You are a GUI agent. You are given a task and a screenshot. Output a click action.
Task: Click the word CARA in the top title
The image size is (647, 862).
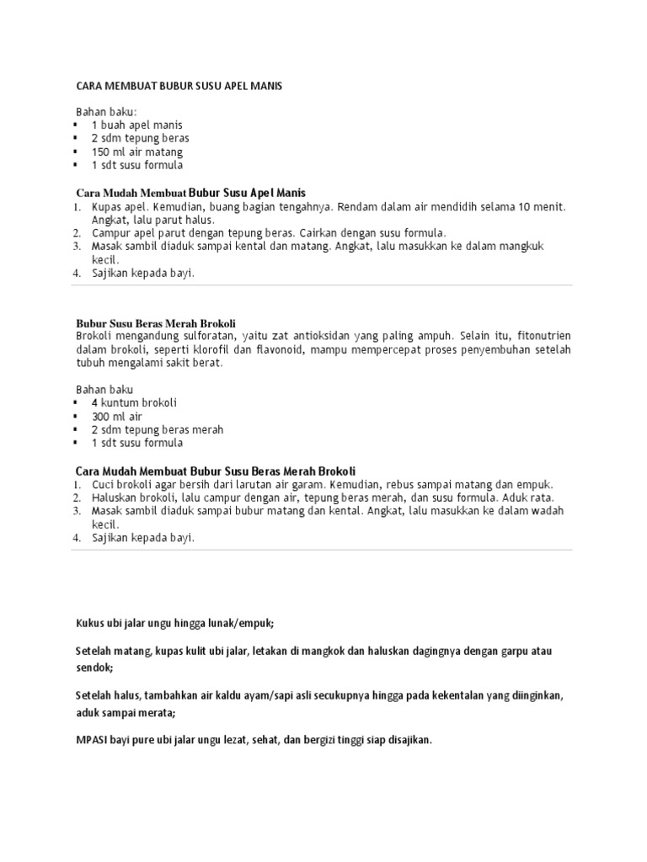89,86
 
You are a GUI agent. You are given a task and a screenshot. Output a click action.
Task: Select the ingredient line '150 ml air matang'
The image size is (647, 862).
136,152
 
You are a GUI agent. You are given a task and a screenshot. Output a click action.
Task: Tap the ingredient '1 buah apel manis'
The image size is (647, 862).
136,125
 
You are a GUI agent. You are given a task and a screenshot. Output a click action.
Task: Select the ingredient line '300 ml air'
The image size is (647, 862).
117,416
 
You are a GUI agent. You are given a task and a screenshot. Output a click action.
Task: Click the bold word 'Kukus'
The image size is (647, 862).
90,623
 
